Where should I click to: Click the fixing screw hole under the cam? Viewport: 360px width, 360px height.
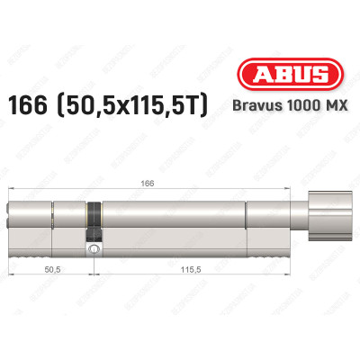point(92,247)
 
